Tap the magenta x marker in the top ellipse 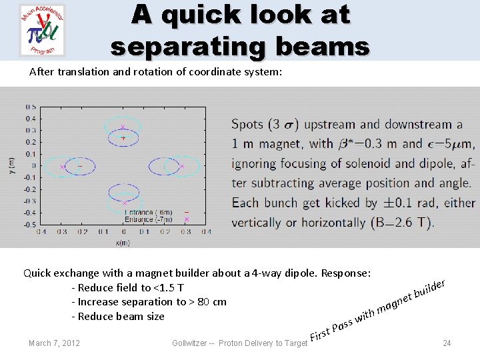pyautogui.click(x=123, y=127)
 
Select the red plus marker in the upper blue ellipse pyautogui.click(x=123, y=138)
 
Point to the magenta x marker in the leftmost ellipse pyautogui.click(x=63, y=167)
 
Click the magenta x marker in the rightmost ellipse pyautogui.click(x=183, y=167)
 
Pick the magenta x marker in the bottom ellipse pyautogui.click(x=124, y=203)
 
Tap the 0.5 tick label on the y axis pyautogui.click(x=31, y=107)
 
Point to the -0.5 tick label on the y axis pyautogui.click(x=30, y=224)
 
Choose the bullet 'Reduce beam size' pyautogui.click(x=121, y=316)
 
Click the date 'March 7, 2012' pyautogui.click(x=54, y=343)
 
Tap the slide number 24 pyautogui.click(x=447, y=343)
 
